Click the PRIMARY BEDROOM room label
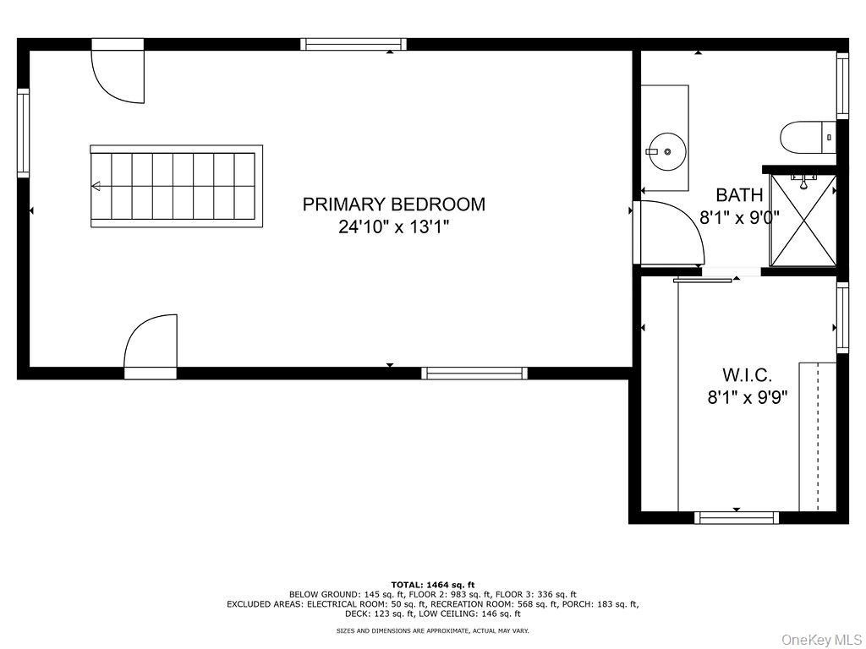394,204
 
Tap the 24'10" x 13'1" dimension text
394,226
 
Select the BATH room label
739,195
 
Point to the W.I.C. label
747,374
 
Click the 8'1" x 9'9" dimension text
748,397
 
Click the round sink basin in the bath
667,151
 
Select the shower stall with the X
802,221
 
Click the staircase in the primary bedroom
176,186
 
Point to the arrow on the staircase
96,186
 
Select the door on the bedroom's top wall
118,74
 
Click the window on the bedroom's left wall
23,133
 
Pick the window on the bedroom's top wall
354,44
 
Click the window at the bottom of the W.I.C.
737,517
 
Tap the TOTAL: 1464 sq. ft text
433,584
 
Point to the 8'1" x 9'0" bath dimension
739,217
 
